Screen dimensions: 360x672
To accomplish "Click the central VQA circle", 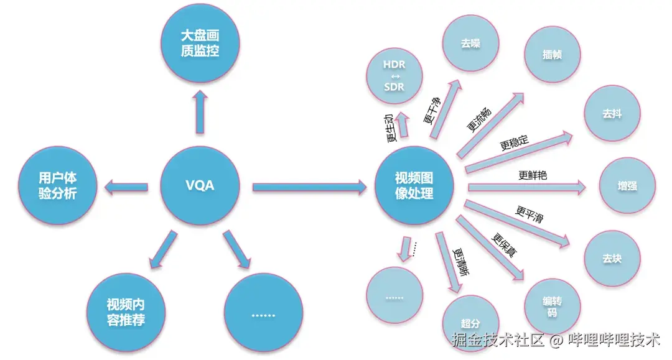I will (x=200, y=185).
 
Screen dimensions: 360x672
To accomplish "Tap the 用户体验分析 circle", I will (x=57, y=185).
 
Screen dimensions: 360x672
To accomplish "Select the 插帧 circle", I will (x=552, y=54).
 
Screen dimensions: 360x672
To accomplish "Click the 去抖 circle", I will (x=612, y=114).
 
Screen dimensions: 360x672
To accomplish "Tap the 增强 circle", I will (x=627, y=186).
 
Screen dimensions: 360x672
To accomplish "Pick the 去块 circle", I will (x=612, y=258).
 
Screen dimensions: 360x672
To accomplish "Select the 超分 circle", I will (x=470, y=323).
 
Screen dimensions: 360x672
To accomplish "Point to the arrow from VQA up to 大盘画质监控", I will (x=200, y=112).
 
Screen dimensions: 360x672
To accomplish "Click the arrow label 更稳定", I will (x=514, y=144).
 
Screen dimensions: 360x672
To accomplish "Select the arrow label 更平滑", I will (x=530, y=215).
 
